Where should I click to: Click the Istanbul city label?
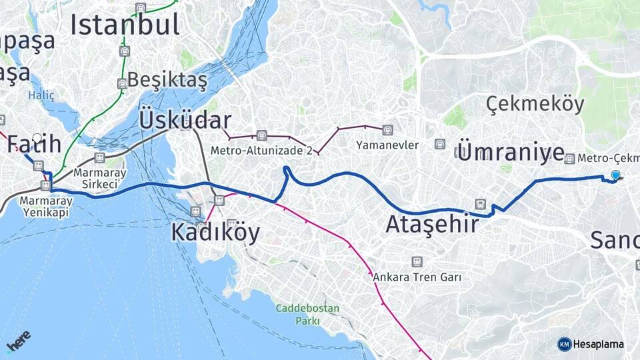(125, 25)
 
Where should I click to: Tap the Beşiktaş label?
(167, 80)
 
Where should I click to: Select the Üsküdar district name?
(185, 121)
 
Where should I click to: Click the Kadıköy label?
(215, 233)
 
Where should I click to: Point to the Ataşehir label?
(432, 225)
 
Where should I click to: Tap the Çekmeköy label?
(535, 104)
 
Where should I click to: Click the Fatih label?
(35, 144)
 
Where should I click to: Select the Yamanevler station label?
(387, 145)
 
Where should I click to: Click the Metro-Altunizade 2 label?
(261, 151)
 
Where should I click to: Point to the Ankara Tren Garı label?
(417, 277)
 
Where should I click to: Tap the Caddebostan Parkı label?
(307, 315)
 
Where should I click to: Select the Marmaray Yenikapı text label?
(45, 205)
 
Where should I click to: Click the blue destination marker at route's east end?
(615, 175)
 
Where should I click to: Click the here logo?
(18, 341)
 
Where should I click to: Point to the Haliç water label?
(41, 96)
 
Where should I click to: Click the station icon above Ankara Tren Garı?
(417, 262)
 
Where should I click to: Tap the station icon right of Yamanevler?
(439, 144)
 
